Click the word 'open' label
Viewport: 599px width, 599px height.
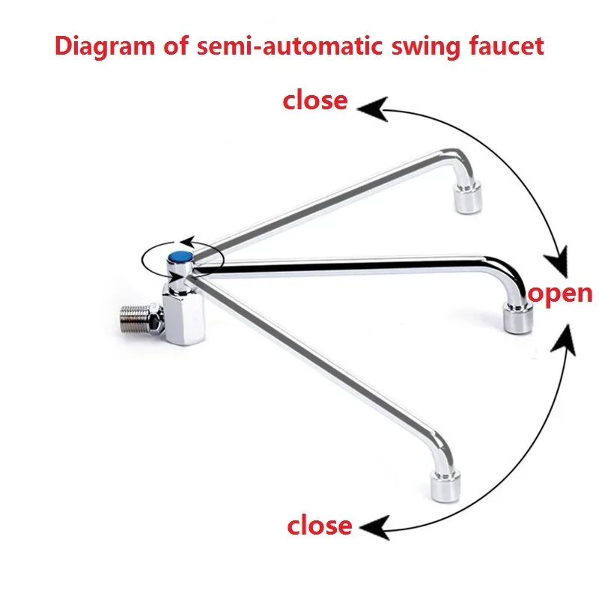tap(561, 294)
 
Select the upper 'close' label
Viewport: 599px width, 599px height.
tap(314, 100)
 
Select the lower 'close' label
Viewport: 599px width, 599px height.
tap(319, 525)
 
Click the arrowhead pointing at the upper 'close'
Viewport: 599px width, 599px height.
tap(368, 109)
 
